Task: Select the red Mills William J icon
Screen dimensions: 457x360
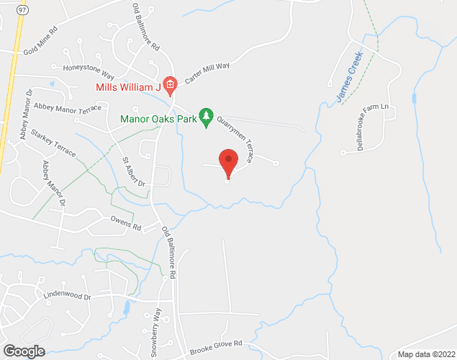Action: [170, 87]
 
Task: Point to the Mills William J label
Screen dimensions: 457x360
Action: [128, 87]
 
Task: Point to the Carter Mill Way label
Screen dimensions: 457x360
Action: [207, 73]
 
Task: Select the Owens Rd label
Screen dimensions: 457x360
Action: [125, 223]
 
